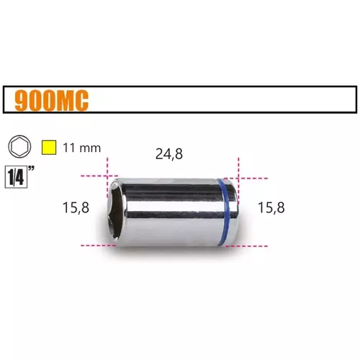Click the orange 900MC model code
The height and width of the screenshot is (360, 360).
tap(52, 101)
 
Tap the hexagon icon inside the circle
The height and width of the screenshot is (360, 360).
tap(19, 146)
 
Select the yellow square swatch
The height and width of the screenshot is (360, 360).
tap(49, 148)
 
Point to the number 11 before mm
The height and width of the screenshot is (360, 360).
tap(69, 148)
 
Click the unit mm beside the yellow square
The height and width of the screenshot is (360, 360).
tap(90, 148)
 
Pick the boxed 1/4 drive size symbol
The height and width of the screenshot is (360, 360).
tap(16, 178)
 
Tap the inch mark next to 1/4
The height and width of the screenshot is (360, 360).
tap(31, 168)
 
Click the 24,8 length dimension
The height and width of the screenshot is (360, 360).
tap(169, 154)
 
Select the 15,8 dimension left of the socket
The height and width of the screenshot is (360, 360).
tap(76, 207)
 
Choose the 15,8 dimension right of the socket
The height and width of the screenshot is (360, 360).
tap(271, 207)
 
